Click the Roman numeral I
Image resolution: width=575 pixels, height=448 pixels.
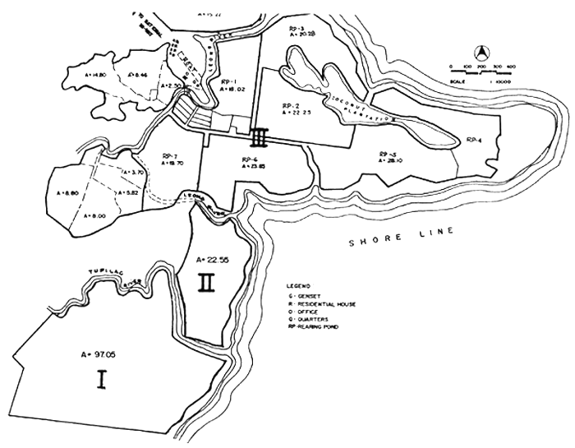pos(102,381)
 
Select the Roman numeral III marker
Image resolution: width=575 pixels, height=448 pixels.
pos(260,135)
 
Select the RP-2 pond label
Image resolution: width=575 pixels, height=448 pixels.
pos(288,107)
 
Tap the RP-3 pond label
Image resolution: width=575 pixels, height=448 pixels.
pos(298,29)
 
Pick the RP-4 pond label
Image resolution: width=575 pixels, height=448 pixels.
pos(473,141)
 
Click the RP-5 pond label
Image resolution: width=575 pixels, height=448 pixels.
pos(389,155)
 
